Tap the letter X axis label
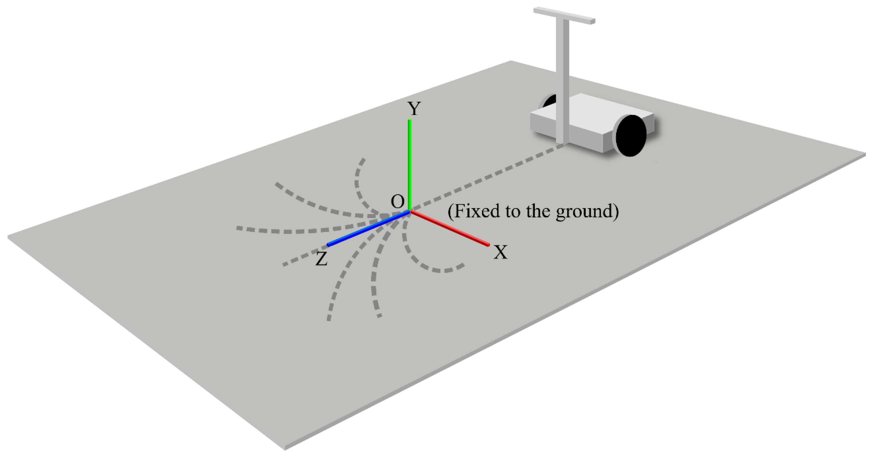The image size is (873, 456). pyautogui.click(x=501, y=252)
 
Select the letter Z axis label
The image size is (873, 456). pyautogui.click(x=321, y=259)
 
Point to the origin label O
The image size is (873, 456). pyautogui.click(x=397, y=202)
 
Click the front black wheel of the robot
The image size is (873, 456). pyautogui.click(x=630, y=136)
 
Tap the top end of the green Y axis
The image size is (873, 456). pyautogui.click(x=410, y=121)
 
